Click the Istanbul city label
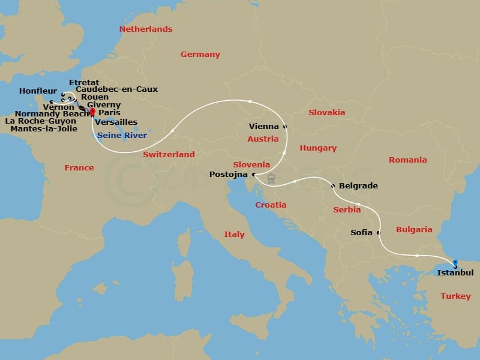[x=455, y=272]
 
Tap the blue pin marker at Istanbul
[x=455, y=263]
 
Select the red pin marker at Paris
[x=92, y=112]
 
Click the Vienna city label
[x=264, y=127]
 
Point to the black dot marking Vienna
[x=285, y=127]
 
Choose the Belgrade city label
[x=358, y=186]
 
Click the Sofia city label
[x=362, y=232]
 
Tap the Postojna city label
[x=229, y=175]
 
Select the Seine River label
[x=122, y=136]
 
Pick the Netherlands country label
[x=146, y=29]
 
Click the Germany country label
[x=200, y=55]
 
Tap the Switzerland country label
[x=169, y=154]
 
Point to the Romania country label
[x=408, y=160]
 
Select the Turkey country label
[x=455, y=296]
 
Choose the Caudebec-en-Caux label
[x=117, y=89]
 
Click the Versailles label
[x=116, y=122]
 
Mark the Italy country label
[x=234, y=234]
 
